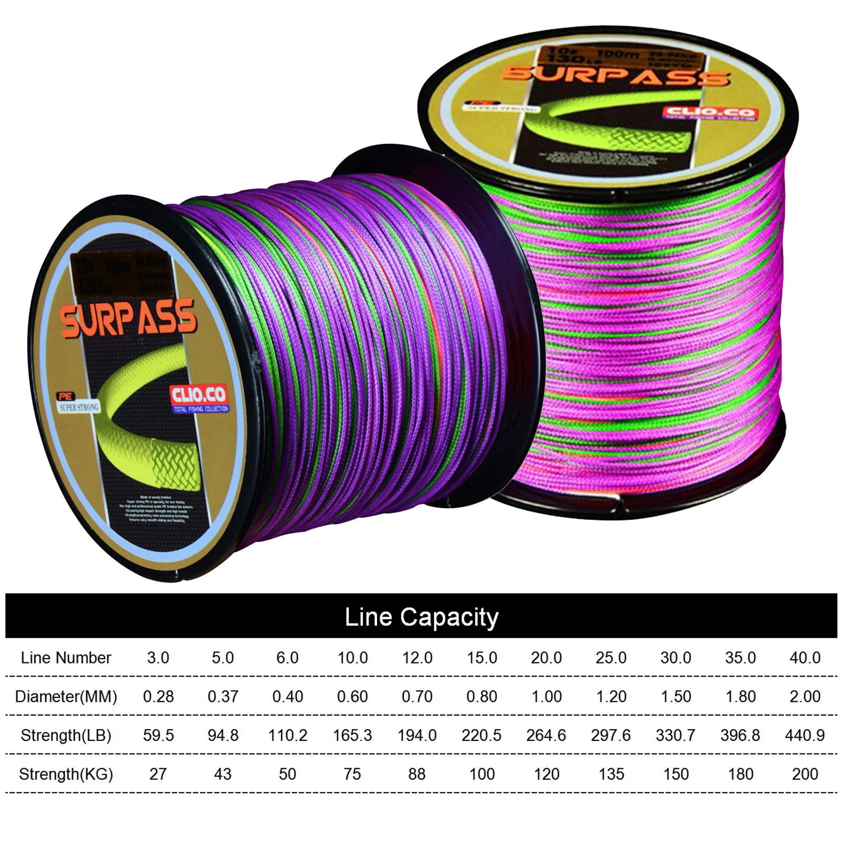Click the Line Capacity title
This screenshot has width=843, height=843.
pyautogui.click(x=421, y=617)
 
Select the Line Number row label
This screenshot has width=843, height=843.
pyautogui.click(x=66, y=658)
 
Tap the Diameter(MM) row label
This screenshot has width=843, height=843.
pyautogui.click(x=66, y=697)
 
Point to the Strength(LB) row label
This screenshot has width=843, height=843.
pyautogui.click(x=66, y=735)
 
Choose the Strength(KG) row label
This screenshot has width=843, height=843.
pyautogui.click(x=66, y=774)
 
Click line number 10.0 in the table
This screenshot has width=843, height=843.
pyautogui.click(x=352, y=658)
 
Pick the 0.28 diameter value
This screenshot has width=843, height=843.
pyautogui.click(x=158, y=697)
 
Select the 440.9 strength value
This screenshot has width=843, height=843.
pyautogui.click(x=805, y=735)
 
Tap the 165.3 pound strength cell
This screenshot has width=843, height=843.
pyautogui.click(x=352, y=735)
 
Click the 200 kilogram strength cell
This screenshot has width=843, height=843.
pyautogui.click(x=805, y=774)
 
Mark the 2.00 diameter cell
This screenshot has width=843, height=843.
pyautogui.click(x=805, y=697)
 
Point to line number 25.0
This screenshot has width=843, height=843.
pyautogui.click(x=611, y=658)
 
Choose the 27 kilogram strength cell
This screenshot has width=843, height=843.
pyautogui.click(x=158, y=774)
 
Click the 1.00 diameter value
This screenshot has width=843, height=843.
pyautogui.click(x=547, y=697)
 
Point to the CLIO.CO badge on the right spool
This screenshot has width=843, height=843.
pyautogui.click(x=709, y=112)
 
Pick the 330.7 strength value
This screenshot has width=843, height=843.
pyautogui.click(x=676, y=735)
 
